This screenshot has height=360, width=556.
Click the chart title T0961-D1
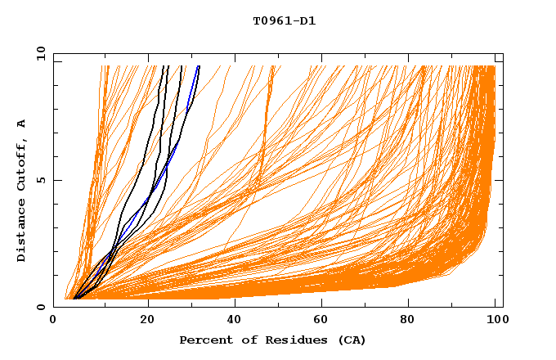pos(284,21)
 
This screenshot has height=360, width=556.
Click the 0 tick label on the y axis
pos(41,307)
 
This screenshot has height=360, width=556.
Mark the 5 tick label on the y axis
pos(41,180)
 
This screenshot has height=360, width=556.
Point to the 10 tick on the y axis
pos(39,53)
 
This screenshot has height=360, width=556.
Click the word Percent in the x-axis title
pos(202,340)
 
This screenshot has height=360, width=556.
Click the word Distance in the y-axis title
pos(22,233)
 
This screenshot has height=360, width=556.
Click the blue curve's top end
pos(199,67)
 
